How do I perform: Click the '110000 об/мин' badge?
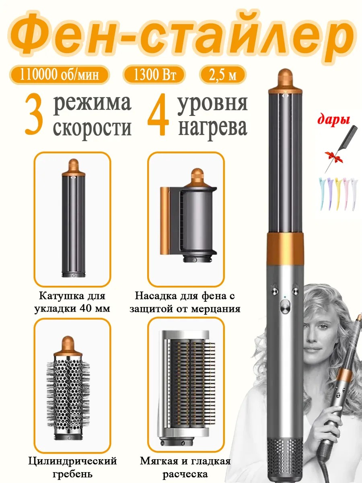click(59, 75)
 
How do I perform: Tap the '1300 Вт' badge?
click(154, 75)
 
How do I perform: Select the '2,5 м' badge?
click(222, 75)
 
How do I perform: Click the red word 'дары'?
click(333, 120)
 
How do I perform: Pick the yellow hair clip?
click(337, 194)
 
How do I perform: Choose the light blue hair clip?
click(323, 194)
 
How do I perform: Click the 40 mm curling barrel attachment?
click(74, 218)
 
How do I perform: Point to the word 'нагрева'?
click(213, 128)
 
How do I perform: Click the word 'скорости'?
click(93, 128)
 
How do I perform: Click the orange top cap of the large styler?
click(286, 81)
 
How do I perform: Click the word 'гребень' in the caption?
click(72, 473)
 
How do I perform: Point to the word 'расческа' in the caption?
click(185, 473)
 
